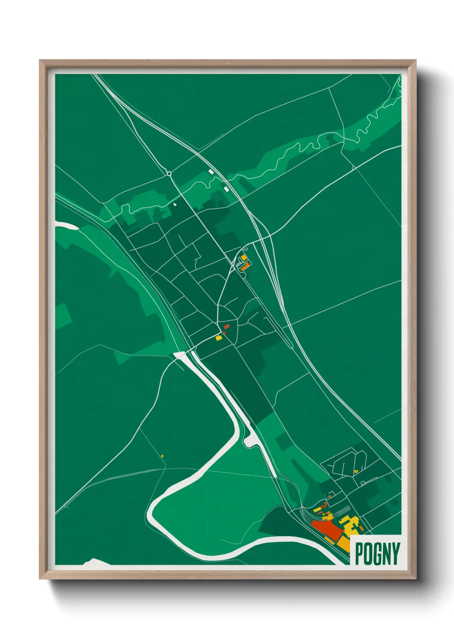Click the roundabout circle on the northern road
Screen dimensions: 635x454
(x=169, y=174)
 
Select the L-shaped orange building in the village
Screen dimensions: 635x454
(x=245, y=266)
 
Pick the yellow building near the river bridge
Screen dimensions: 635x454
(x=219, y=338)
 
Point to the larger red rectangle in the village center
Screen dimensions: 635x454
(x=226, y=327)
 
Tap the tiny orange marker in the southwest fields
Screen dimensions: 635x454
(x=162, y=456)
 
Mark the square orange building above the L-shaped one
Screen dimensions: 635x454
(x=244, y=257)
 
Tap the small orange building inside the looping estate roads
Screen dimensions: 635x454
(x=356, y=472)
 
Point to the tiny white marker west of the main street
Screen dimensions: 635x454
(x=175, y=205)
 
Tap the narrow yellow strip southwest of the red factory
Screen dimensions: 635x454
(x=330, y=539)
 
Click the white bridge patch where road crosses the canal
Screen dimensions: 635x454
(x=180, y=355)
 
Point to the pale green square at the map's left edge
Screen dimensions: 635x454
(x=62, y=316)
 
